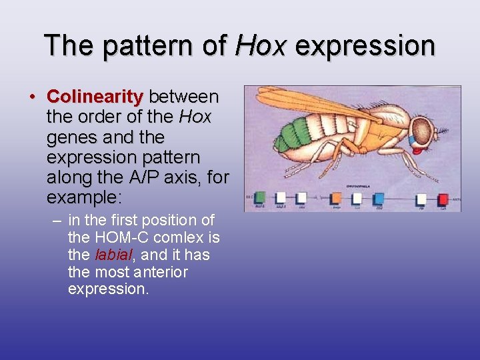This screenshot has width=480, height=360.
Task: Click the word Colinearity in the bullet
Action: (x=95, y=97)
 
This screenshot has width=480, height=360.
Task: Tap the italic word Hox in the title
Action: (x=261, y=45)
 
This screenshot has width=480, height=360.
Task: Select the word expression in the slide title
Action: (x=365, y=45)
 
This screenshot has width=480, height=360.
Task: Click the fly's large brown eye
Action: (x=421, y=129)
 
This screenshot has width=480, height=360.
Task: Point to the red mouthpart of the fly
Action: (x=417, y=149)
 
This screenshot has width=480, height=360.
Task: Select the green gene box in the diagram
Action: (x=260, y=198)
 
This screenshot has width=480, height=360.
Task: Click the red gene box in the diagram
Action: (x=443, y=199)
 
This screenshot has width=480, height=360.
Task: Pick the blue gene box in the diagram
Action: (x=379, y=198)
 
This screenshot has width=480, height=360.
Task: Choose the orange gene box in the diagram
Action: (x=336, y=198)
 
